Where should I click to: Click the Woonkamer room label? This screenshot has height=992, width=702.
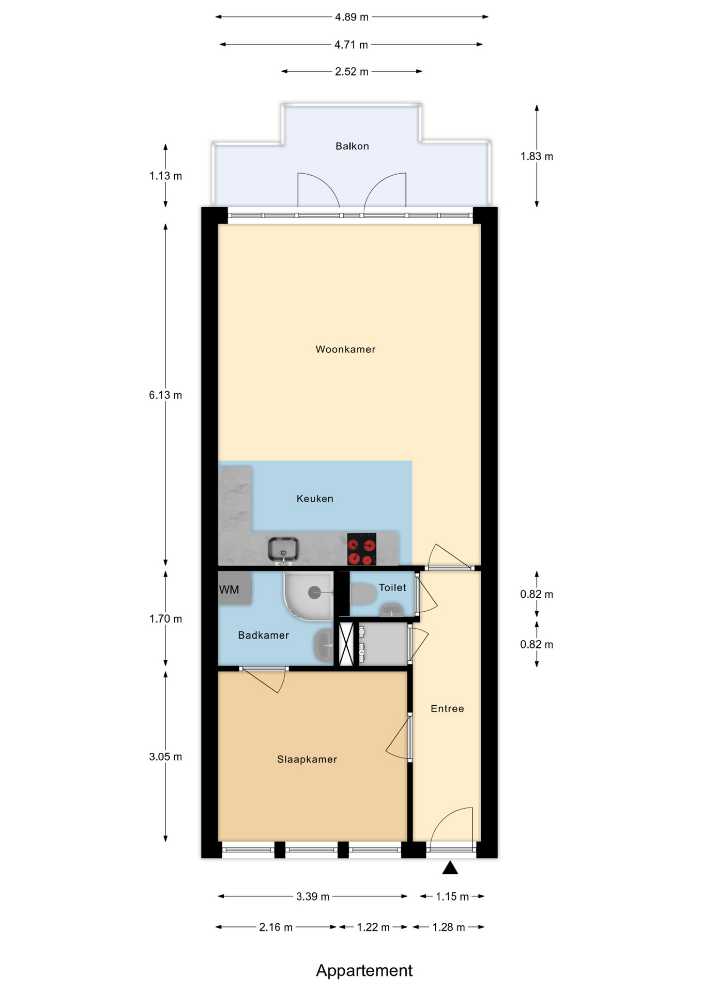click(345, 349)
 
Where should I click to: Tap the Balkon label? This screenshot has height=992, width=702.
click(352, 146)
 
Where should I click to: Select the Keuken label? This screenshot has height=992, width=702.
click(315, 499)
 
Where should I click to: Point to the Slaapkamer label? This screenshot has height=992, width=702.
click(307, 760)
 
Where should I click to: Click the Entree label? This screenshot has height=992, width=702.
click(447, 709)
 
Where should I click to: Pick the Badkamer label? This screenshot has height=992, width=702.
click(263, 636)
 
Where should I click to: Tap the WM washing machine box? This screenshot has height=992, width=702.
click(235, 588)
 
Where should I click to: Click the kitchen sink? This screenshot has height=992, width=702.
click(283, 550)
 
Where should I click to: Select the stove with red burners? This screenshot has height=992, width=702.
click(361, 549)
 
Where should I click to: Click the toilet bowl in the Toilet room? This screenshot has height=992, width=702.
click(363, 594)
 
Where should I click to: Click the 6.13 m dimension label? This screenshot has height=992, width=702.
click(165, 395)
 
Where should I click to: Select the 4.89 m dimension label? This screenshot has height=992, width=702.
click(352, 17)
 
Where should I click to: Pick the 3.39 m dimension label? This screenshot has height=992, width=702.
click(313, 896)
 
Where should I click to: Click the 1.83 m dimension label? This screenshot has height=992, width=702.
click(537, 157)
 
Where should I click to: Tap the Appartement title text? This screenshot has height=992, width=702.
click(364, 970)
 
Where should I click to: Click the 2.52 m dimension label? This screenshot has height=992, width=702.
click(352, 72)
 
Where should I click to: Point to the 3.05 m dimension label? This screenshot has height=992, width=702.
click(165, 757)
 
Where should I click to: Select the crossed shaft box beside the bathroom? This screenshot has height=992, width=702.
click(346, 644)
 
